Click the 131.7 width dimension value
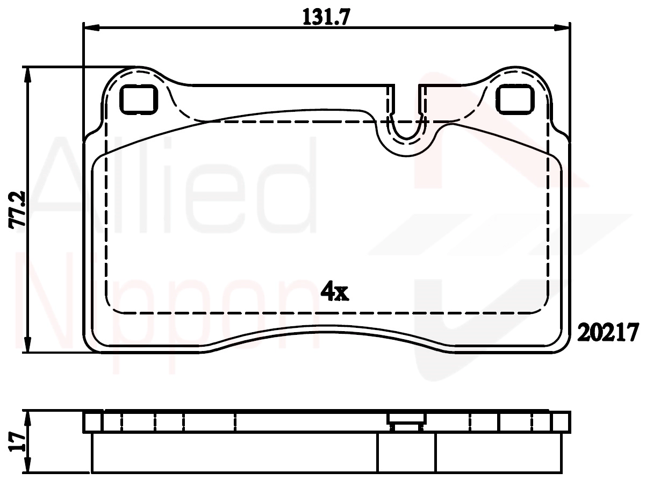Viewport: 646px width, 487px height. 326,17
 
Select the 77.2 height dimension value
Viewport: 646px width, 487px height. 17,209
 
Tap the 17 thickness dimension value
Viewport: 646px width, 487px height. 17,442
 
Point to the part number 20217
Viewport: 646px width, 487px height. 608,332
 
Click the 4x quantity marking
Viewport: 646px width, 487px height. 335,291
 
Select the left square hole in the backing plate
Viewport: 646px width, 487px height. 138,99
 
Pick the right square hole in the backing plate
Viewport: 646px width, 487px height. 515,99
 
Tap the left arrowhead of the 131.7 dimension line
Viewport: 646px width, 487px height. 92,27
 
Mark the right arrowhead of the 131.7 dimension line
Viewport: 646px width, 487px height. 562,27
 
